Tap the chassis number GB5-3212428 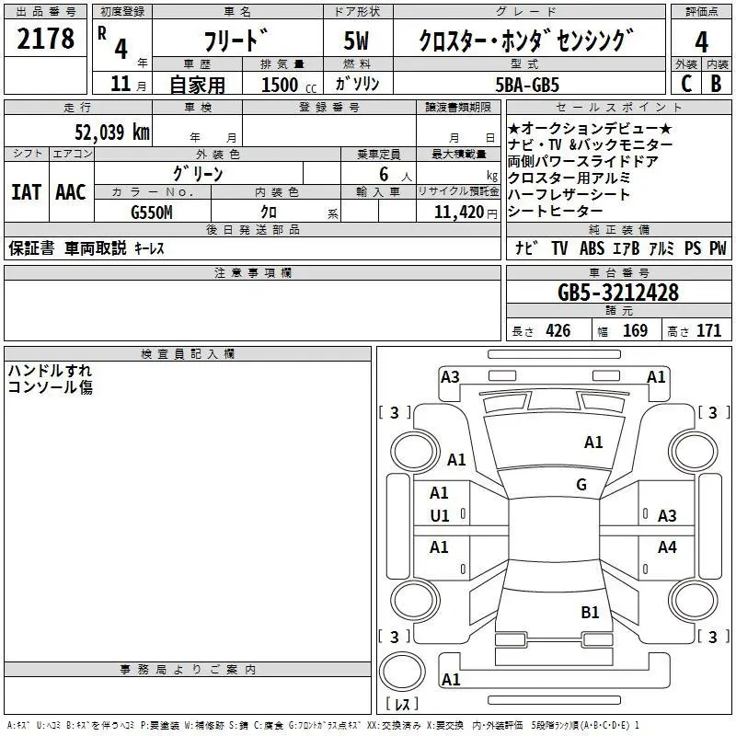click(x=618, y=293)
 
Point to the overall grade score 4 click(x=702, y=42)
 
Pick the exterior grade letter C click(x=686, y=84)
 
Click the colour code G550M click(x=151, y=213)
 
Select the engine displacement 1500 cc click(x=285, y=85)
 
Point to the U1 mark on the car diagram click(x=440, y=516)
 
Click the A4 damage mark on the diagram click(x=667, y=547)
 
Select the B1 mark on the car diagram click(x=590, y=612)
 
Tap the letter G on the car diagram click(x=581, y=485)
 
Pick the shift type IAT click(x=26, y=192)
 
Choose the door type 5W click(x=358, y=42)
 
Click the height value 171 click(x=708, y=331)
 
